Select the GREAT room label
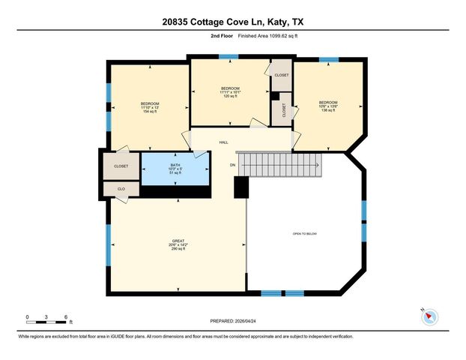178,241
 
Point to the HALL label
223,142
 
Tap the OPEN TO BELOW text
305,234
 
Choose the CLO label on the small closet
121,190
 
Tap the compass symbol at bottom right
430,317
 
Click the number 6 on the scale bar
66,317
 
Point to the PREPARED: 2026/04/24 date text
232,320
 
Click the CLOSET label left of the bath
121,166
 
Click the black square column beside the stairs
240,187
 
